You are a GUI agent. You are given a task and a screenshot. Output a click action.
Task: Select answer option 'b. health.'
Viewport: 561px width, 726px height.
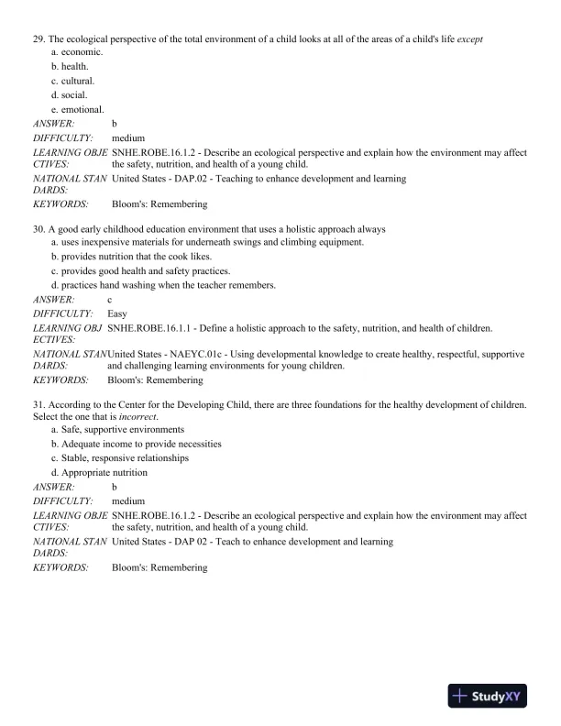tap(69, 67)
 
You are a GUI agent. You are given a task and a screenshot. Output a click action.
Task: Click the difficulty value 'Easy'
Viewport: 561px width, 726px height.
tap(117, 313)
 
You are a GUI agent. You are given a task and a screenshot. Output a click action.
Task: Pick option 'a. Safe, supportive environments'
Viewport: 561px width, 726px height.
tap(117, 430)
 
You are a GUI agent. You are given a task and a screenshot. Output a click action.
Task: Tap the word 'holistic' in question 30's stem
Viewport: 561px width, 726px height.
tap(277, 228)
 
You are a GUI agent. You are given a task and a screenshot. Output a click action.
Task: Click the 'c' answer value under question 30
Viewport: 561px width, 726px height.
tap(110, 300)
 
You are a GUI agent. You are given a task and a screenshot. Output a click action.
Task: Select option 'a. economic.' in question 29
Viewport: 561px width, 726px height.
tap(77, 52)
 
